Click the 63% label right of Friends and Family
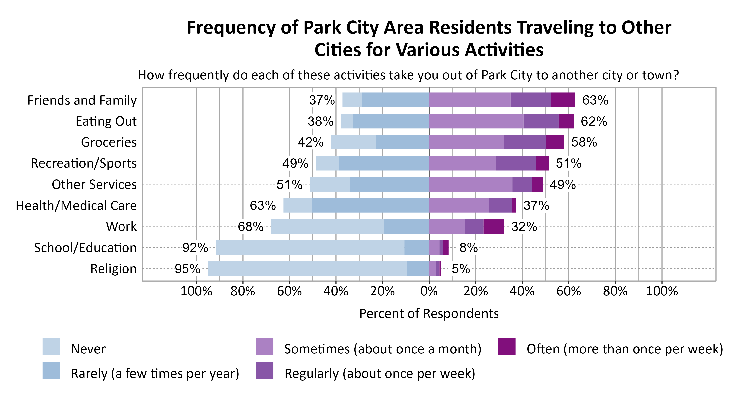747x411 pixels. pyautogui.click(x=595, y=100)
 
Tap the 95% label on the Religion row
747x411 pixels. pyautogui.click(x=187, y=269)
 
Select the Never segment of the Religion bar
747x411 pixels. pyautogui.click(x=307, y=269)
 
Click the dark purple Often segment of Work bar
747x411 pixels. pyautogui.click(x=494, y=226)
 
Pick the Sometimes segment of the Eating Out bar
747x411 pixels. pyautogui.click(x=476, y=121)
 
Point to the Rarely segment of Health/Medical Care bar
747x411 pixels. pyautogui.click(x=370, y=205)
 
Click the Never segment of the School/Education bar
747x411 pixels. pyautogui.click(x=310, y=247)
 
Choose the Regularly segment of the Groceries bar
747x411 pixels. pyautogui.click(x=525, y=142)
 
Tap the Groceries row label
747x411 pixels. pyautogui.click(x=109, y=142)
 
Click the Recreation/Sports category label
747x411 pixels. pyautogui.click(x=84, y=163)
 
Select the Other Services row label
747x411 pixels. pyautogui.click(x=94, y=185)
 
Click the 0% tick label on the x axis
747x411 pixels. pyautogui.click(x=429, y=291)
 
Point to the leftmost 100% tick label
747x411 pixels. pyautogui.click(x=196, y=291)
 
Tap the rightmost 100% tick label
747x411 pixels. pyautogui.click(x=662, y=291)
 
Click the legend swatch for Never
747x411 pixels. pyautogui.click(x=51, y=346)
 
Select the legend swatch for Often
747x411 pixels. pyautogui.click(x=507, y=346)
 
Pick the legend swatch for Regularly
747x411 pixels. pyautogui.click(x=265, y=371)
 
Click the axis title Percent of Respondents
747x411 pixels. pyautogui.click(x=429, y=314)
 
